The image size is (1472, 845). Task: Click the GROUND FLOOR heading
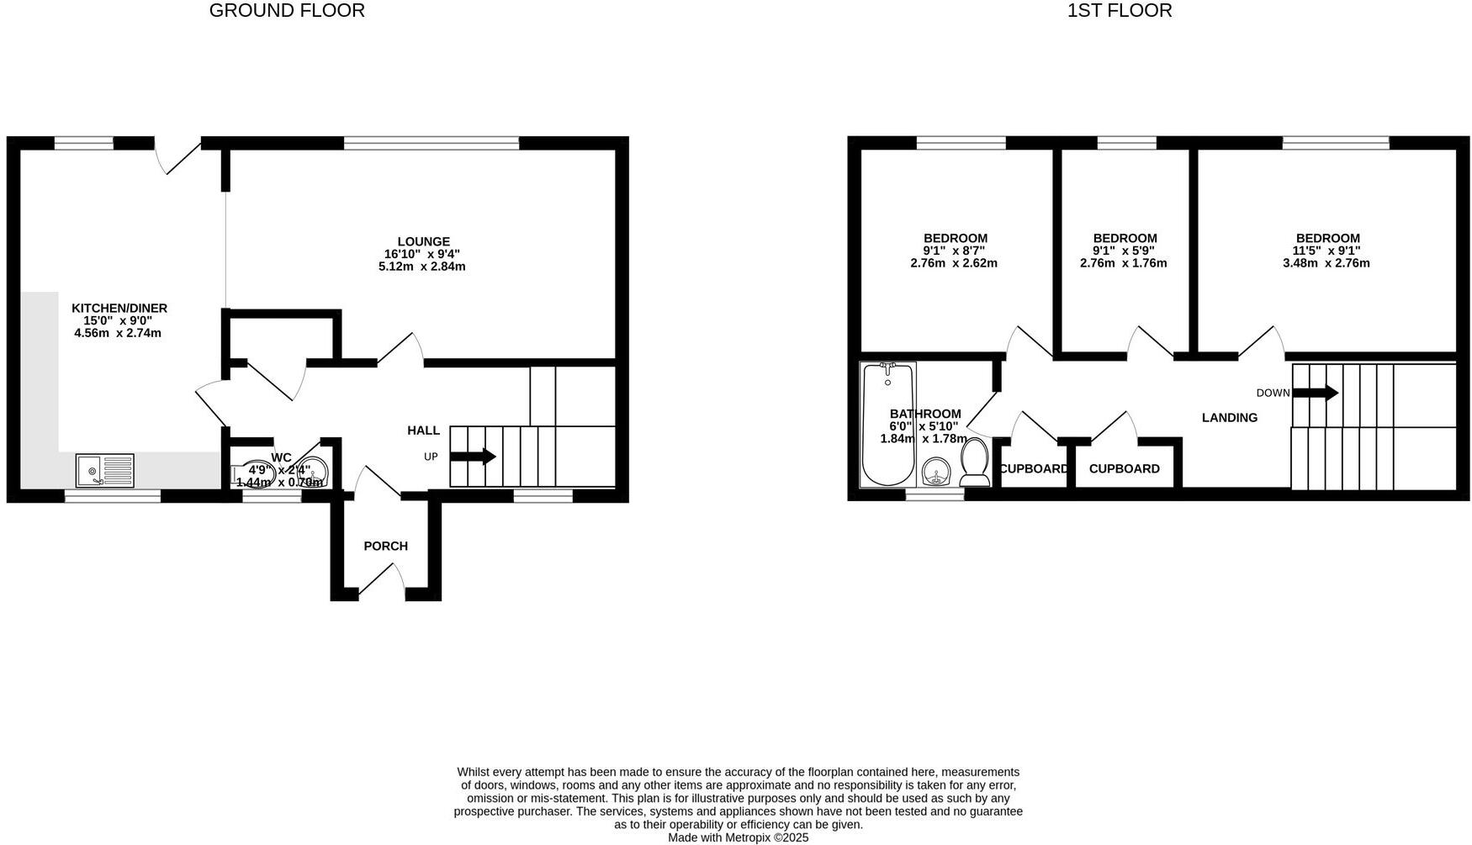[x=287, y=11]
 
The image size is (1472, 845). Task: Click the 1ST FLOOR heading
[x=1119, y=11]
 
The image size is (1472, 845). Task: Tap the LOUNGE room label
[x=423, y=241]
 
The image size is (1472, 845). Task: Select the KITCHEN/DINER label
[x=119, y=309]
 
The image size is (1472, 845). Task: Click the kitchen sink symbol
[x=104, y=470]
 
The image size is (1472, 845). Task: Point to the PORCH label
[x=385, y=547]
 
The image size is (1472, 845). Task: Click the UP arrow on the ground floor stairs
[x=473, y=457]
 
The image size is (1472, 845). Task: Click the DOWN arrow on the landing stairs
[x=1315, y=393]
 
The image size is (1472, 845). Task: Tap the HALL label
[x=423, y=430]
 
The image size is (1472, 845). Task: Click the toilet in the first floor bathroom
[x=975, y=462]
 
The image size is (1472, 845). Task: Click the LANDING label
[x=1229, y=418]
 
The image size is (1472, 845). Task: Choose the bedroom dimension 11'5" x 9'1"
[x=1326, y=251]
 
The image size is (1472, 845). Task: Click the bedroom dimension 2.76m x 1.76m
[x=1123, y=263]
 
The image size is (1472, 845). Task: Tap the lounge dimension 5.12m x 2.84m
[x=422, y=267]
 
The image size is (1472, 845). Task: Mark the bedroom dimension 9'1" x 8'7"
[x=954, y=251]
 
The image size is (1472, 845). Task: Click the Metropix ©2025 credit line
[x=738, y=837]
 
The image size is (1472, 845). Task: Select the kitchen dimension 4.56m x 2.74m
[x=118, y=333]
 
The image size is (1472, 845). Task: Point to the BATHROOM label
[x=925, y=414]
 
